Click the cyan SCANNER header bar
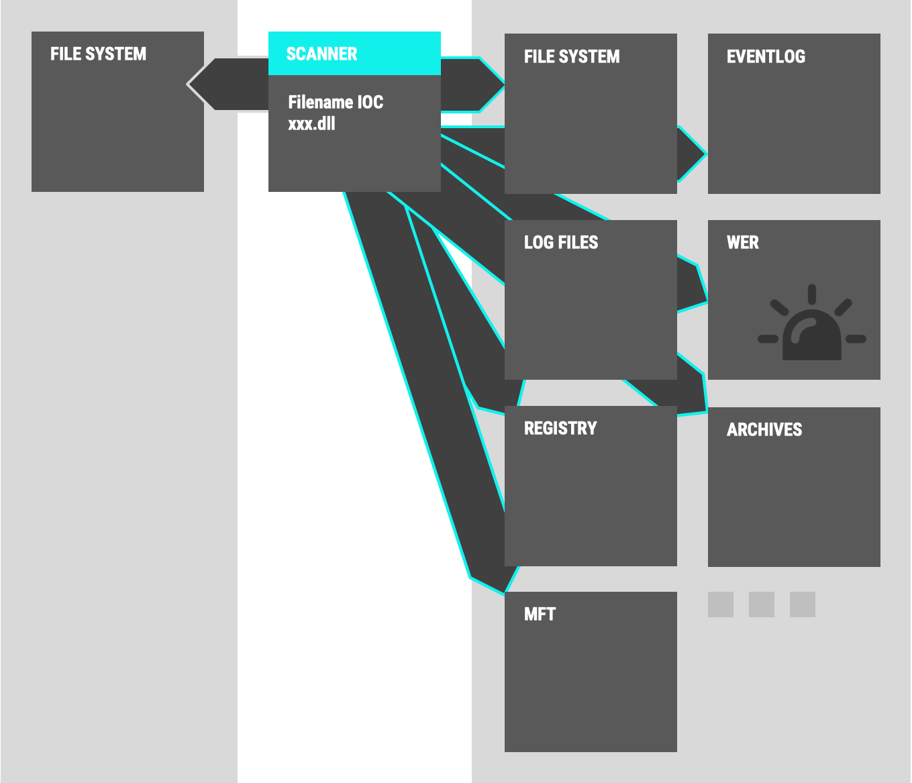tap(354, 53)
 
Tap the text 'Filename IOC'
tap(336, 102)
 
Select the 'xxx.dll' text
tap(311, 123)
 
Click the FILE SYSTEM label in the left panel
tap(98, 54)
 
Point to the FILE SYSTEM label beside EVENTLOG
tap(572, 56)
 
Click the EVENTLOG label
tap(766, 56)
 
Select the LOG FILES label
tap(561, 242)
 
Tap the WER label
tap(743, 242)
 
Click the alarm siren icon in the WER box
tap(812, 325)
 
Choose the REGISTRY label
tap(560, 428)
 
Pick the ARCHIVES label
tap(764, 429)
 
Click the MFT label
tap(540, 614)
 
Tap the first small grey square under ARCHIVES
tap(721, 605)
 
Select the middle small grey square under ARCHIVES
tap(762, 605)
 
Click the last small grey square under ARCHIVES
tap(803, 605)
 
